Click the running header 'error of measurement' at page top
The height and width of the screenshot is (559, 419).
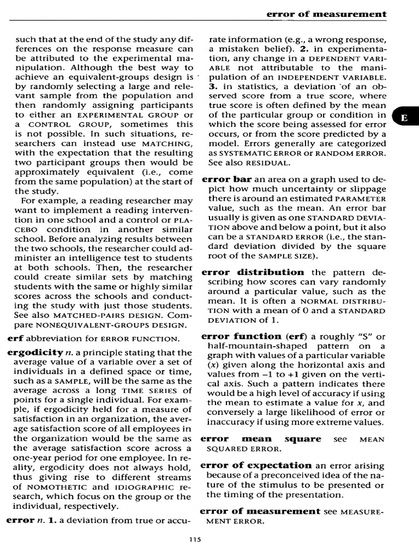pos(326,14)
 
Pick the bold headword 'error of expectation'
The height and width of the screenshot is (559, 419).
pos(256,465)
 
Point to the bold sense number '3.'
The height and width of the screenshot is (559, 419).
pos(213,86)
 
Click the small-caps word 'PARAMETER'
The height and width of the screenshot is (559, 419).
pos(361,198)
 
